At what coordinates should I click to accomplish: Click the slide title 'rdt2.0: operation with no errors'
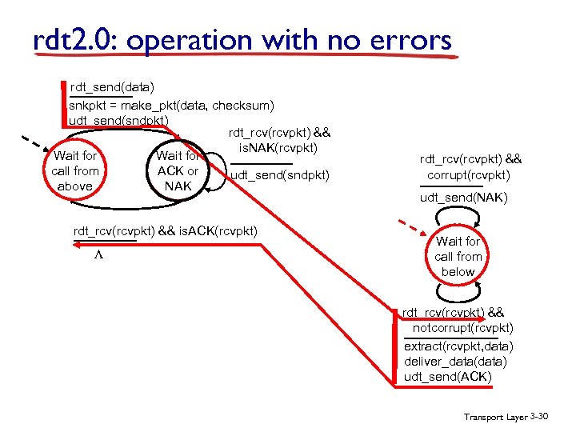(x=242, y=41)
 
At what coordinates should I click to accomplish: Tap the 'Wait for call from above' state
(x=75, y=171)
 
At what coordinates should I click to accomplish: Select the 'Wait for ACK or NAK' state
(x=178, y=171)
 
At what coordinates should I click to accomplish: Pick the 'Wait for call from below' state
(x=458, y=256)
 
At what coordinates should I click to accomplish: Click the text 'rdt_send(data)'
(x=112, y=86)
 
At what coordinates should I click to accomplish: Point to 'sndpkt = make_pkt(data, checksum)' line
(x=172, y=105)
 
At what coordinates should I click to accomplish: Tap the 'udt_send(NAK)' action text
(x=464, y=198)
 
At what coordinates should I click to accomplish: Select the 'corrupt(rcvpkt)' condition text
(x=469, y=174)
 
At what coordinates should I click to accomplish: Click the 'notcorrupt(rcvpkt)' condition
(x=463, y=328)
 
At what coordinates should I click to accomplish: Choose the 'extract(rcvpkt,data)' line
(x=459, y=346)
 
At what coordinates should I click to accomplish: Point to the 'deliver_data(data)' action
(x=455, y=362)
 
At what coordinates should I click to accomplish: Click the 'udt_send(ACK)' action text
(x=449, y=377)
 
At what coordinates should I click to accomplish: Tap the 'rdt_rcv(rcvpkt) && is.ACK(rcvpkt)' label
(x=166, y=231)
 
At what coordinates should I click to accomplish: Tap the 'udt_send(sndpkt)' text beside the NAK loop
(x=280, y=174)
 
